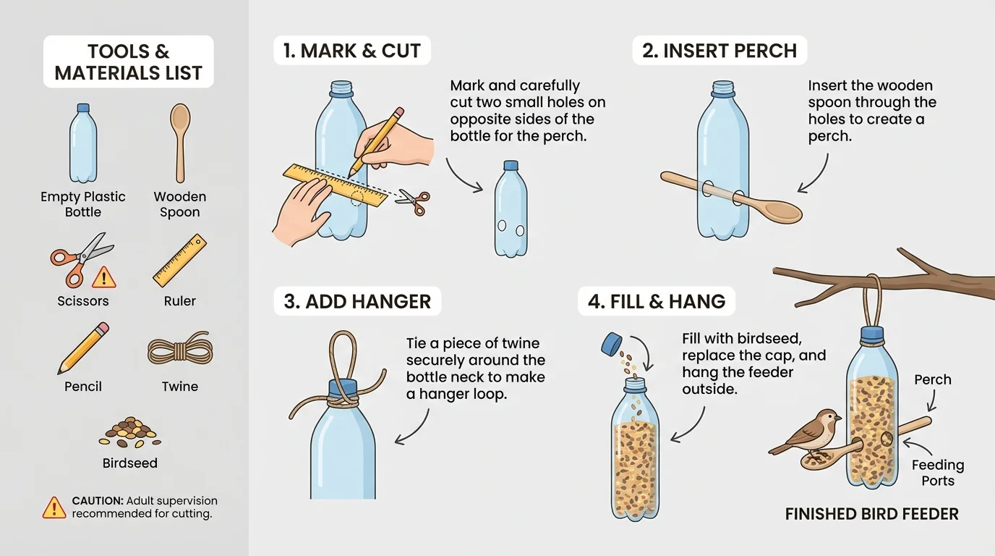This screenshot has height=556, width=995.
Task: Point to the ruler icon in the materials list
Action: point(179,261)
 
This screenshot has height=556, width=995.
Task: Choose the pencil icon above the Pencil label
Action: point(83,347)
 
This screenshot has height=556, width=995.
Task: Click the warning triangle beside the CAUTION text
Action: point(54,507)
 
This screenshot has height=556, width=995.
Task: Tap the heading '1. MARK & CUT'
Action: point(351,51)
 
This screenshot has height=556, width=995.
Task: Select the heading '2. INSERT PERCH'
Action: point(719,51)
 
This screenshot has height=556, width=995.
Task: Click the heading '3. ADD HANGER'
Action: point(357,302)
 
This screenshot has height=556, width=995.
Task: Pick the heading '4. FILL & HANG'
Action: point(657,301)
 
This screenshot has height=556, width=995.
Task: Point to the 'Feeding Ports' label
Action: point(937,473)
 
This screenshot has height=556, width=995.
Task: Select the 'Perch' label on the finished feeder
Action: point(932,380)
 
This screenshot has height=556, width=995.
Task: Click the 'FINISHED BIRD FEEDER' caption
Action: point(871,514)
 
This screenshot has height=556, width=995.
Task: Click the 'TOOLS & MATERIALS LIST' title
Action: point(129,62)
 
